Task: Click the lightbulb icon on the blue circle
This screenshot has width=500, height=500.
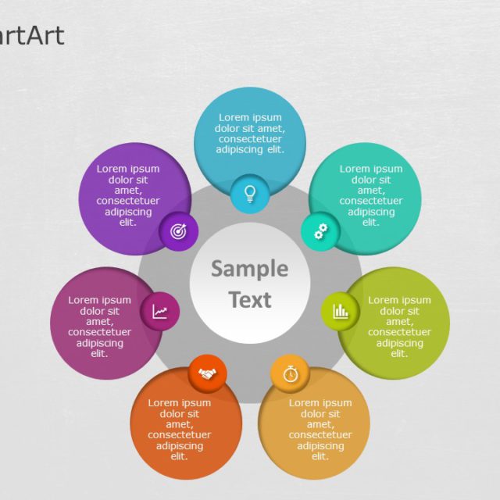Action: [250, 193]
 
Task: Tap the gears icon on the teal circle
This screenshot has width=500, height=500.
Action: [320, 231]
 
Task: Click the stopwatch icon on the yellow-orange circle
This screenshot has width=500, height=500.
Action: [290, 373]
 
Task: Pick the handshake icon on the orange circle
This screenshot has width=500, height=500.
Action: [207, 374]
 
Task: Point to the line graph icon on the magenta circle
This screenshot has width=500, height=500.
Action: [160, 312]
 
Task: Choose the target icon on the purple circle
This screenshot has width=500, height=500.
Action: [178, 232]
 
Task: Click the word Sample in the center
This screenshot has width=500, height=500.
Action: [249, 270]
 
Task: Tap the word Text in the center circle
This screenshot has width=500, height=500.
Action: [250, 300]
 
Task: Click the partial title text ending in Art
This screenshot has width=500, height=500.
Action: [31, 36]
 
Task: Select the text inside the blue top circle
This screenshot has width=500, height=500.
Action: [250, 134]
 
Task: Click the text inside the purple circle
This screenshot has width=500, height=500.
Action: [128, 195]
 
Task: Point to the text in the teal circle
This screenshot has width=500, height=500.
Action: [371, 195]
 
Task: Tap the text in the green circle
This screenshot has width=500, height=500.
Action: [399, 327]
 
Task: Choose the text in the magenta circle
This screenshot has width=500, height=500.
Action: [99, 327]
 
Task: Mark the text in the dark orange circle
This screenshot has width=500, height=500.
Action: [180, 430]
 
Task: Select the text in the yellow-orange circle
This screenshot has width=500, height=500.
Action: [320, 430]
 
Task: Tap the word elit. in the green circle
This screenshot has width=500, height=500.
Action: [399, 354]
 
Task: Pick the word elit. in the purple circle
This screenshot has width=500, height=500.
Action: [128, 222]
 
